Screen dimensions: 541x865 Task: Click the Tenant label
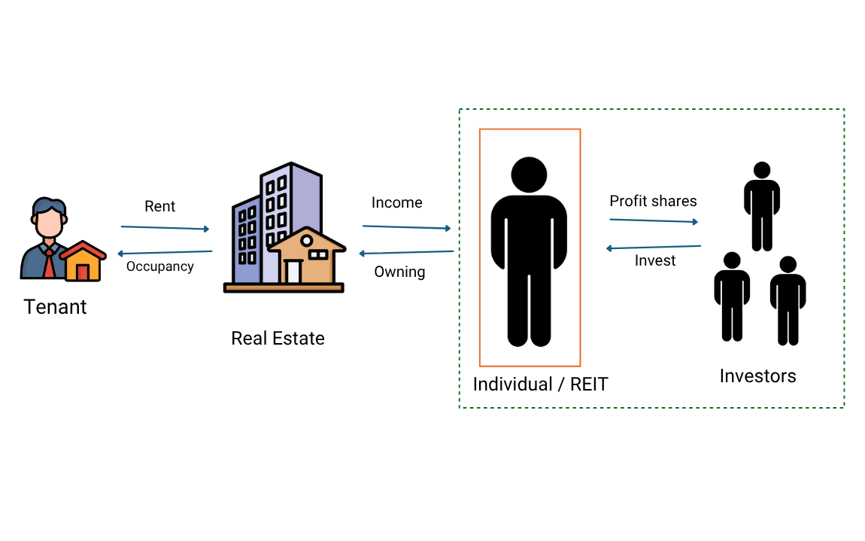(55, 307)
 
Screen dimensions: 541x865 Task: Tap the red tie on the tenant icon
(49, 263)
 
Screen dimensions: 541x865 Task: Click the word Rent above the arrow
(159, 206)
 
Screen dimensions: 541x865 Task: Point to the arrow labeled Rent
(165, 227)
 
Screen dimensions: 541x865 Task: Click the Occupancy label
(159, 266)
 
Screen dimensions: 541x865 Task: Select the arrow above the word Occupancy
(165, 253)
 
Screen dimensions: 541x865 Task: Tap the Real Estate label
(278, 338)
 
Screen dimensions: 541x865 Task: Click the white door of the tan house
(293, 271)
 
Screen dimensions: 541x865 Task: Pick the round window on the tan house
(306, 241)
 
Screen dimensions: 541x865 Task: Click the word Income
(396, 202)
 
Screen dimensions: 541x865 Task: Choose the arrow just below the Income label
(406, 226)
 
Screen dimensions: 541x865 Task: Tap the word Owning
(399, 272)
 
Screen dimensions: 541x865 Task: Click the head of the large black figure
(529, 174)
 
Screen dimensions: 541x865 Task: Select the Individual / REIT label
(540, 384)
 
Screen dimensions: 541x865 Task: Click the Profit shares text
(653, 201)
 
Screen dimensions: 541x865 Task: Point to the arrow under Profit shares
(654, 220)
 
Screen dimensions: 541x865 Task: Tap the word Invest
(655, 260)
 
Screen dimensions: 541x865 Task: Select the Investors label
(757, 375)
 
